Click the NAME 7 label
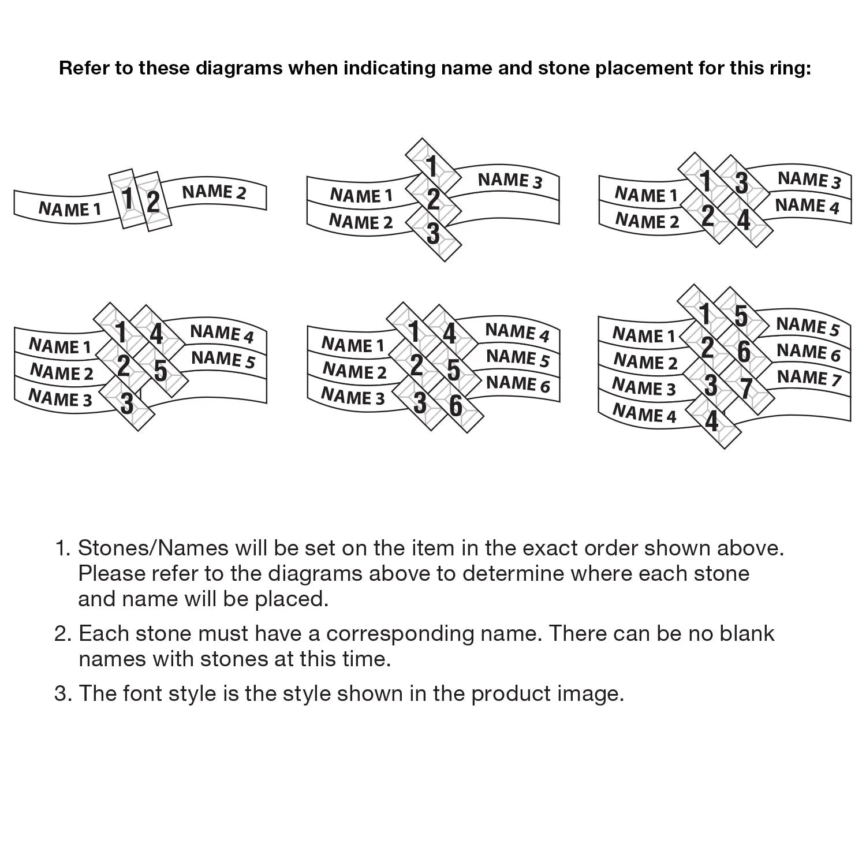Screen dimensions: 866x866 click(x=809, y=378)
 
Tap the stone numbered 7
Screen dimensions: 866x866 click(x=746, y=389)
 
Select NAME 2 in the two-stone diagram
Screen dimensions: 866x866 click(x=214, y=192)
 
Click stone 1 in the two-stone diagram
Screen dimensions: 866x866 click(x=128, y=199)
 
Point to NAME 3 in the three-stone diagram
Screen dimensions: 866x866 click(x=510, y=180)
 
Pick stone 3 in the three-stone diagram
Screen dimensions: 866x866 click(x=433, y=234)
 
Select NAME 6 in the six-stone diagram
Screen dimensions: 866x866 click(x=518, y=383)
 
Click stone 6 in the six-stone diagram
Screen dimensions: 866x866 click(x=456, y=405)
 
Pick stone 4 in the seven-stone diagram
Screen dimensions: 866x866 click(x=712, y=421)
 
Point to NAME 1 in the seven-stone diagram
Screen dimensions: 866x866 click(x=643, y=335)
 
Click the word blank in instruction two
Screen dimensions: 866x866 click(x=746, y=633)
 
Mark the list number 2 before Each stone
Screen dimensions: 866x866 click(x=62, y=633)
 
